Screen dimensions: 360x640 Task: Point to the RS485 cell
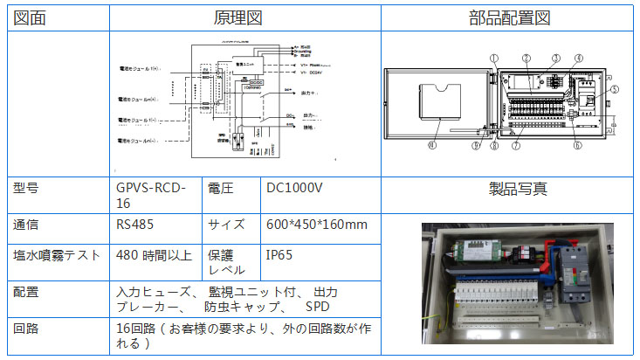pyautogui.click(x=134, y=225)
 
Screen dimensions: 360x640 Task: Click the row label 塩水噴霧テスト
pyautogui.click(x=54, y=256)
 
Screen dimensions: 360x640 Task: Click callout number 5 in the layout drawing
pyautogui.click(x=615, y=89)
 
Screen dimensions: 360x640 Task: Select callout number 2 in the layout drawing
pyautogui.click(x=526, y=59)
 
